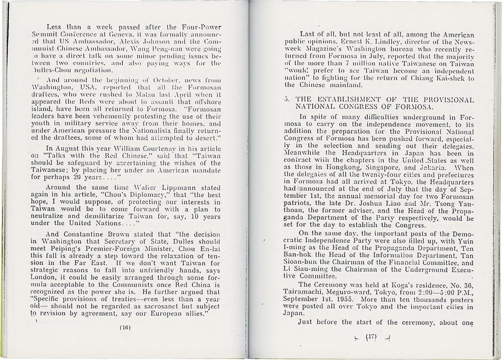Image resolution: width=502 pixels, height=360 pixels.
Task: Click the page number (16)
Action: click(x=125, y=328)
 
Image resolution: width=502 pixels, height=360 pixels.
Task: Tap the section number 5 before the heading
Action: click(x=287, y=99)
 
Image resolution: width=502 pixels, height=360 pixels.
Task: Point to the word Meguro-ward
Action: click(x=344, y=290)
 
